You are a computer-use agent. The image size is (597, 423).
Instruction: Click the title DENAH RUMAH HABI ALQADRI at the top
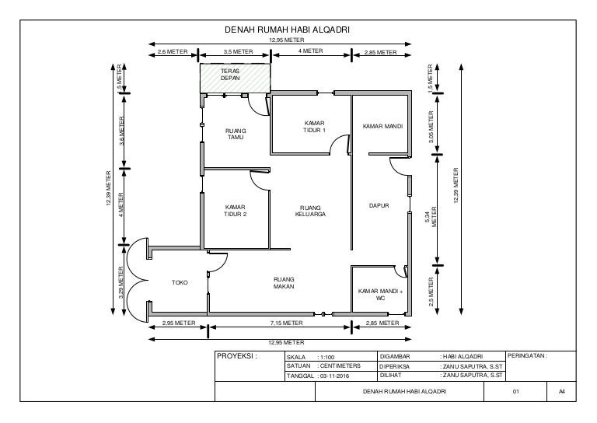click(x=287, y=30)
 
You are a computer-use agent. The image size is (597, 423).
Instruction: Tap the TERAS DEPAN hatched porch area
click(x=235, y=78)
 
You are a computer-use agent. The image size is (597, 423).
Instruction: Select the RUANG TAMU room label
click(x=236, y=134)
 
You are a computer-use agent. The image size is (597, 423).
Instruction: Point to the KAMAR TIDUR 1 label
click(x=315, y=127)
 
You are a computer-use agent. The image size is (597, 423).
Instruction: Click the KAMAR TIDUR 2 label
click(x=236, y=211)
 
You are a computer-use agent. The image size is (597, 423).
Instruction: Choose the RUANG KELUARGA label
click(x=310, y=211)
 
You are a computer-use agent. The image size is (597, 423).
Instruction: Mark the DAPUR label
click(x=379, y=205)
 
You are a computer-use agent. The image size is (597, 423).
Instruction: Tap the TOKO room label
click(x=180, y=282)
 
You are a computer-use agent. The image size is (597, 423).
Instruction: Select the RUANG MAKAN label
click(x=284, y=283)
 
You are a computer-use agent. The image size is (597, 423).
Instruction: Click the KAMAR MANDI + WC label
click(x=380, y=295)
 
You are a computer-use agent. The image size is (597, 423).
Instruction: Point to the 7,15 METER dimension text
click(x=287, y=323)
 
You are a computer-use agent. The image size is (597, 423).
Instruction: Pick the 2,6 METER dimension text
click(x=172, y=51)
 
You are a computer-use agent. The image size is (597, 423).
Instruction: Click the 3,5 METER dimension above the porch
click(x=238, y=51)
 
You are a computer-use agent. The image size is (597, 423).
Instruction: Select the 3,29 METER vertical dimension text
click(x=120, y=282)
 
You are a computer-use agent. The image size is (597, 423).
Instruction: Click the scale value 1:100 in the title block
click(x=327, y=357)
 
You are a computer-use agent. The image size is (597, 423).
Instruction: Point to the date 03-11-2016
click(x=334, y=376)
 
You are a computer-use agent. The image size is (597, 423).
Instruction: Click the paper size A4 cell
click(x=561, y=391)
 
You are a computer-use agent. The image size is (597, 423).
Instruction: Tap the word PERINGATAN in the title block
click(x=527, y=355)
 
